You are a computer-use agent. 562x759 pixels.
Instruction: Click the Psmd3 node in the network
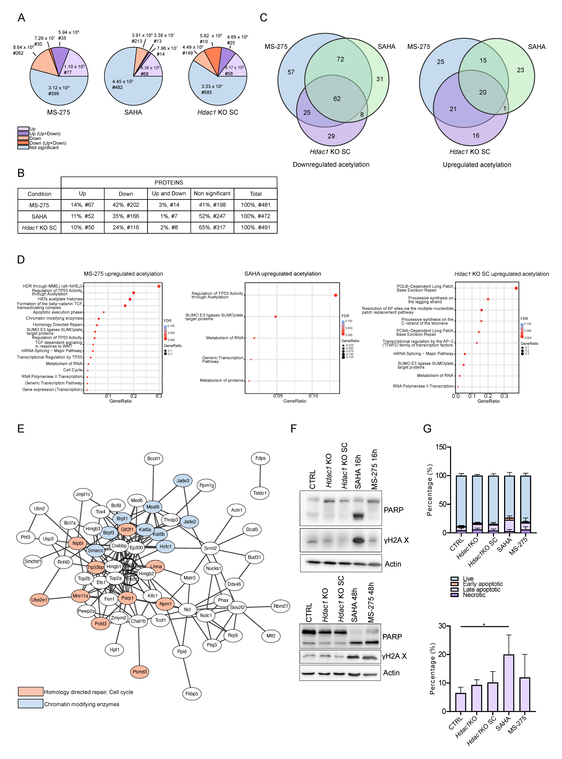(x=140, y=672)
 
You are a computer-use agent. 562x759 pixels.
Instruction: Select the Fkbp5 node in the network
(x=192, y=693)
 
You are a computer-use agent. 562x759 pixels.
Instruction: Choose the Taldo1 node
(x=260, y=493)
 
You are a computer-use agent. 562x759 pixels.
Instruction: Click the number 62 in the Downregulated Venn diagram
(x=337, y=99)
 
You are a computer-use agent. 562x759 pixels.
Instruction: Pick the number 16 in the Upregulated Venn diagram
(x=476, y=135)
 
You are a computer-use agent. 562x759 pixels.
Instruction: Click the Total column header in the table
(x=255, y=194)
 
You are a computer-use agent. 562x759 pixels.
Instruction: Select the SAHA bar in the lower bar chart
(x=509, y=683)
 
